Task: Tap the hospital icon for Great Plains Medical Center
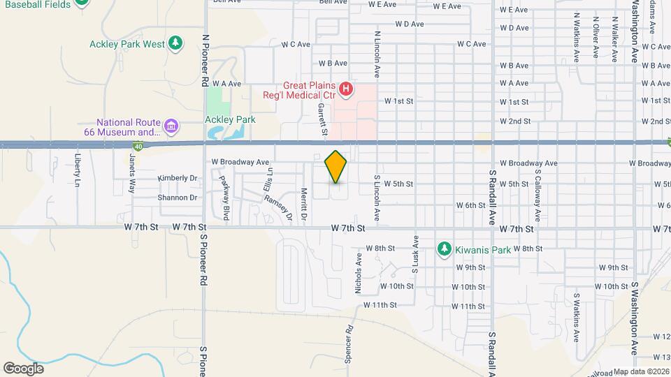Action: coord(345,89)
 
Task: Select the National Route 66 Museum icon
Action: coord(171,126)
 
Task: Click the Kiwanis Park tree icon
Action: coord(443,249)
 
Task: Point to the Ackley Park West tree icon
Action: coord(176,44)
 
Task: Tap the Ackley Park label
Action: coord(230,119)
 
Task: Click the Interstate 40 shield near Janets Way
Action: coord(138,146)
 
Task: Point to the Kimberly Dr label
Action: coord(178,178)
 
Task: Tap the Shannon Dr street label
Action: coord(178,198)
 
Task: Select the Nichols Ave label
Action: coord(359,272)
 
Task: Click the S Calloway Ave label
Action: coord(538,192)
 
